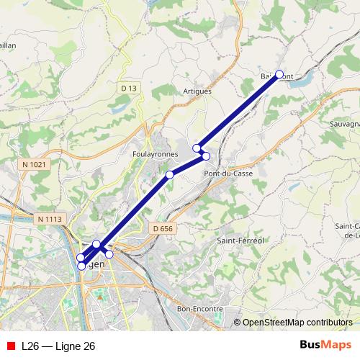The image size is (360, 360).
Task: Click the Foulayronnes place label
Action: pyautogui.click(x=150, y=154)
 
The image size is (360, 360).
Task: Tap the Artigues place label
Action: pyautogui.click(x=197, y=91)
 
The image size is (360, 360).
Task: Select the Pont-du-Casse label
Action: pyautogui.click(x=228, y=174)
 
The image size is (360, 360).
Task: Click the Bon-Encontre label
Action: pyautogui.click(x=199, y=308)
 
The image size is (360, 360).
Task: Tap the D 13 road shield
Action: pyautogui.click(x=128, y=88)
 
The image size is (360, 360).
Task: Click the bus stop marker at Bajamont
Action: pyautogui.click(x=279, y=74)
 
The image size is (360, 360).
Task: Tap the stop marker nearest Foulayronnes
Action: pyautogui.click(x=170, y=175)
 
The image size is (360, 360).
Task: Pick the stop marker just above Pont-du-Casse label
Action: pyautogui.click(x=206, y=156)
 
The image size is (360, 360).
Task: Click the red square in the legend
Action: pyautogui.click(x=9, y=346)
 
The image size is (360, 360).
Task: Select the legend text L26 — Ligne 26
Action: pyautogui.click(x=58, y=346)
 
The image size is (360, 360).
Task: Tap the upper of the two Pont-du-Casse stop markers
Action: pyautogui.click(x=197, y=148)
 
